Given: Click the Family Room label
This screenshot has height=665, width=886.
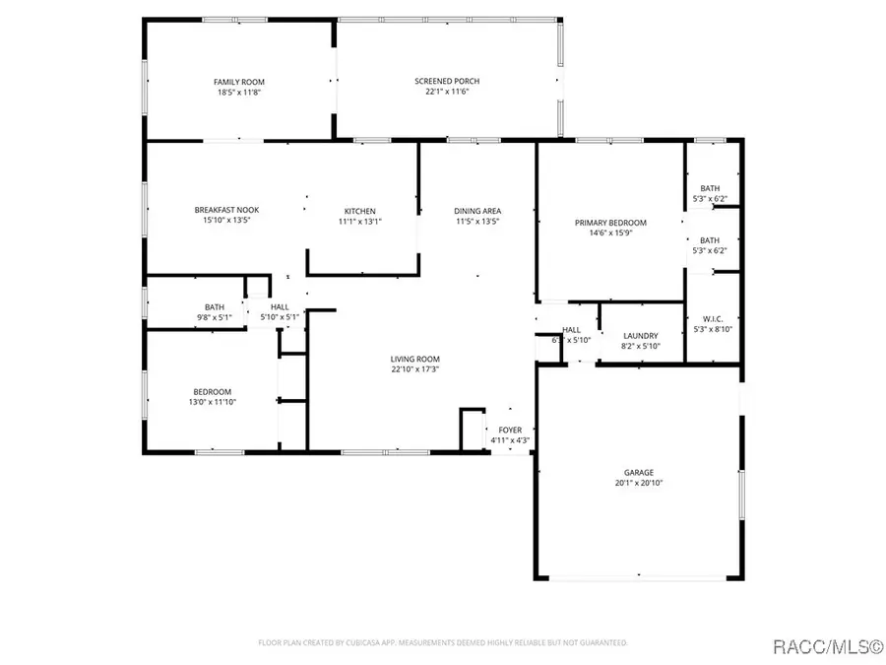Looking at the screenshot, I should [239, 82].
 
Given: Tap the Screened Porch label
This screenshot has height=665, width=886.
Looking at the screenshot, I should [447, 82].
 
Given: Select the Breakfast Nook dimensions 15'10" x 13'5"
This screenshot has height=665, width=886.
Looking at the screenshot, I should [225, 221].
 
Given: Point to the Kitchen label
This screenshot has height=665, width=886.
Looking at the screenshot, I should [359, 211].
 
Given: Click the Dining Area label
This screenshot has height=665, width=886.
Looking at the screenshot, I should [477, 211].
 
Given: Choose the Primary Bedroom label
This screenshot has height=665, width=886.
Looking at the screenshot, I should [610, 224].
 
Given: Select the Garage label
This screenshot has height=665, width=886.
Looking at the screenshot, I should [638, 472].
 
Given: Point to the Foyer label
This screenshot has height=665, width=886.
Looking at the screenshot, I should [510, 430].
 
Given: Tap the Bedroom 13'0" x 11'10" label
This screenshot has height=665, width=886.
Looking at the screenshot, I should [213, 391].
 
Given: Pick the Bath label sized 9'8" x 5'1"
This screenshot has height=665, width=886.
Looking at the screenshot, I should [214, 307].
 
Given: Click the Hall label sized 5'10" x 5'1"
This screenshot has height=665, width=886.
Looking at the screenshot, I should [280, 307].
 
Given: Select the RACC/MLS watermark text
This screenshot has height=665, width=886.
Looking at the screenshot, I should [826, 646].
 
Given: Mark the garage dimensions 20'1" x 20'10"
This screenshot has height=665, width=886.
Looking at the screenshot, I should [638, 484].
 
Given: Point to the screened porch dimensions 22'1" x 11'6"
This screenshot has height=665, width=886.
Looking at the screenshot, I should [447, 93].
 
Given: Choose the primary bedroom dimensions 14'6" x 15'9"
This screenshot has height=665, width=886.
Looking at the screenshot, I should [610, 234].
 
